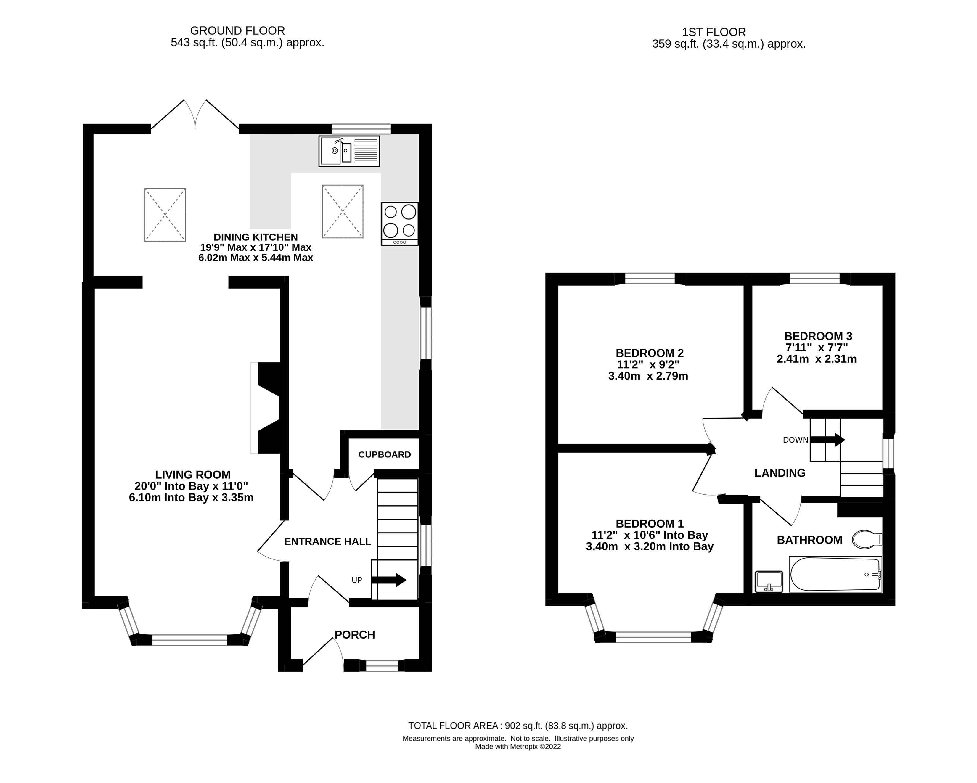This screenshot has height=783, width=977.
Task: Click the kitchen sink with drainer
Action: click(349, 151)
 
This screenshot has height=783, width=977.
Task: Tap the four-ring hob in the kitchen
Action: click(400, 224)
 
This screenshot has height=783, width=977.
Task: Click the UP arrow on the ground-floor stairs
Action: click(388, 580)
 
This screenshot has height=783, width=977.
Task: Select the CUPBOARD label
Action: click(384, 454)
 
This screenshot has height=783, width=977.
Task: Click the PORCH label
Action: click(354, 635)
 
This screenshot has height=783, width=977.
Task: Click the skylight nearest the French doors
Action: click(165, 214)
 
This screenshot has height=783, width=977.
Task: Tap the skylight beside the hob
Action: click(343, 211)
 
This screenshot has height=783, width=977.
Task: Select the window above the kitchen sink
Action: click(361, 129)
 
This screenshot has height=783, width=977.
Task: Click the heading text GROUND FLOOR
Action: click(237, 31)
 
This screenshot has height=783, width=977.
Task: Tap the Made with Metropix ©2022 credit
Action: click(518, 746)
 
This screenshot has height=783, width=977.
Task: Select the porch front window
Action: click(382, 665)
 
